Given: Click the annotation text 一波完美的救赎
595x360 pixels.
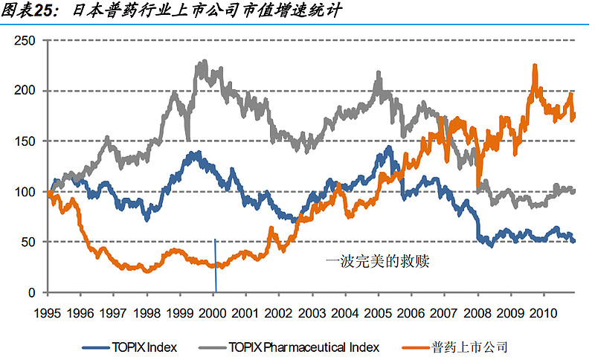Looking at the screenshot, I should tap(378, 261).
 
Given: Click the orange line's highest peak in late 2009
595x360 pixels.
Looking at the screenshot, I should tap(535, 66).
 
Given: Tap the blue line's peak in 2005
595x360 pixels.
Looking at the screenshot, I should tap(389, 147).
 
